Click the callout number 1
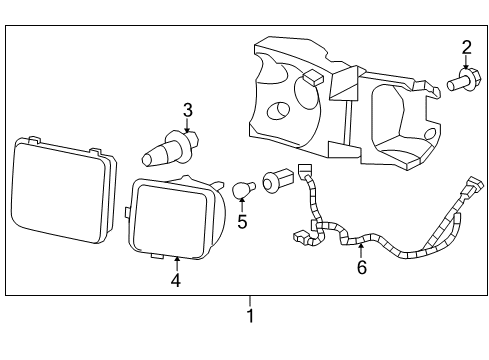(250, 317)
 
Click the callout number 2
(466, 46)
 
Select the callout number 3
(186, 110)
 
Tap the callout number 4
(175, 281)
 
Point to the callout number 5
(242, 220)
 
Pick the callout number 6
(362, 267)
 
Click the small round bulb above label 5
(241, 189)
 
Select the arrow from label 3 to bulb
(186, 127)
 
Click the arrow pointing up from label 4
(177, 263)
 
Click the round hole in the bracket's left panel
(281, 111)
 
